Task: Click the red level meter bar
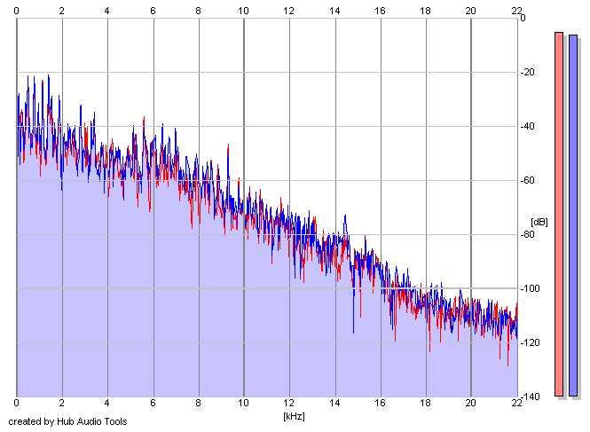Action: (x=559, y=214)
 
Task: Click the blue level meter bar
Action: (x=573, y=216)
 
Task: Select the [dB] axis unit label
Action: (x=539, y=222)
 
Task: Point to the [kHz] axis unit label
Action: (x=294, y=416)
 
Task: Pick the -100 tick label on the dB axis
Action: (x=530, y=288)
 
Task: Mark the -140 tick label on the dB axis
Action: (x=530, y=397)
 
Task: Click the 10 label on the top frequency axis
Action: (x=243, y=11)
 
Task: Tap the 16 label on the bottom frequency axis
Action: (x=380, y=403)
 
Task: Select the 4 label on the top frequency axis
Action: (x=107, y=11)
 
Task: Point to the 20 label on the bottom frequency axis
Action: (x=471, y=403)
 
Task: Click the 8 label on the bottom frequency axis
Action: (x=199, y=403)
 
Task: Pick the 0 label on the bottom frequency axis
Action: (x=16, y=403)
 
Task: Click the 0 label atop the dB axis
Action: (x=523, y=18)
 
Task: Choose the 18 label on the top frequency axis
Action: (x=425, y=11)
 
